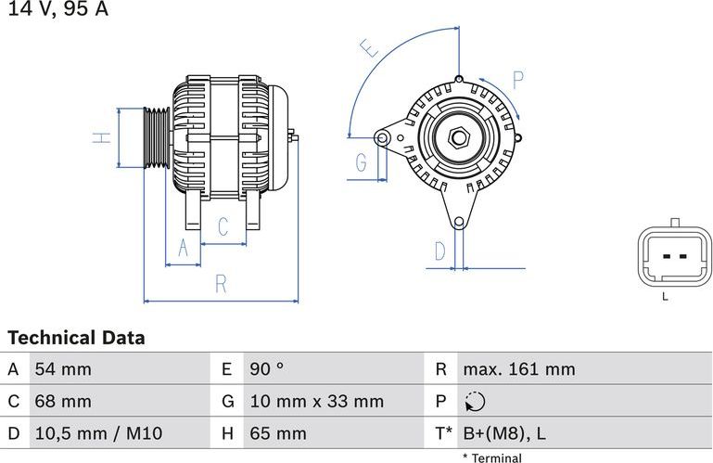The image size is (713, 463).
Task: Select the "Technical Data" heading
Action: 76,338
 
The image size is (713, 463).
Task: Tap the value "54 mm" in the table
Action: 63,369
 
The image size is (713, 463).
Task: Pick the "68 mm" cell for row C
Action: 63,402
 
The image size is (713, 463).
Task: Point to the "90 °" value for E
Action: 266,369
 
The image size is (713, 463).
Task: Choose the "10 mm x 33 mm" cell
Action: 316,402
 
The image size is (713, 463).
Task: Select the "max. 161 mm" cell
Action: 518,369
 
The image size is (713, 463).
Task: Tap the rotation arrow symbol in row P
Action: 473,402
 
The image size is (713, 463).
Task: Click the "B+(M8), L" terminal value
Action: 504,433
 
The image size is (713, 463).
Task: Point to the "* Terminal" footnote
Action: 491,457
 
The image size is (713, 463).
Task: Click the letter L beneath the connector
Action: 665,297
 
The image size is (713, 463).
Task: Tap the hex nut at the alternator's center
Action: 458,138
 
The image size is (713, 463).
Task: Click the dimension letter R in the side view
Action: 221,285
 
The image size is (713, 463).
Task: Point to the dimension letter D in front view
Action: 440,251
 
